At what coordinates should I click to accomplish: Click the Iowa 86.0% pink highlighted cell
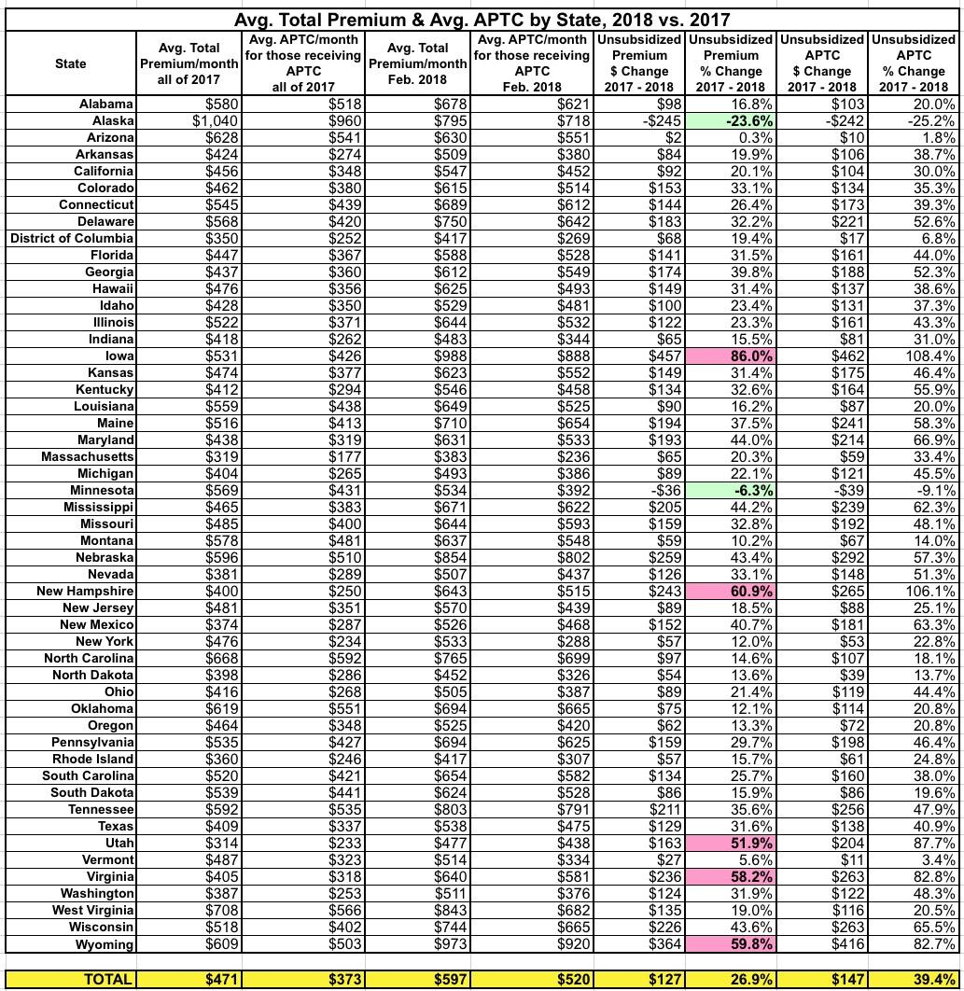point(731,356)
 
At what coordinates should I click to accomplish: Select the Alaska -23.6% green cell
point(731,120)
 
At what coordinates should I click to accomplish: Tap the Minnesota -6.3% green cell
point(731,490)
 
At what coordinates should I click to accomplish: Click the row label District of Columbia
point(72,238)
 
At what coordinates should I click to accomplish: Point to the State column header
point(70,63)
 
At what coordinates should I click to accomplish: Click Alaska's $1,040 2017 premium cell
point(190,120)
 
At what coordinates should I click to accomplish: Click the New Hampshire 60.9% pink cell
point(731,591)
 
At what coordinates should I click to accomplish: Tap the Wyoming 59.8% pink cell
point(731,943)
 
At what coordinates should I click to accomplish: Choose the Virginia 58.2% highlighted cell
point(731,876)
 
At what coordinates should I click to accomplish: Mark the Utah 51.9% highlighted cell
point(731,843)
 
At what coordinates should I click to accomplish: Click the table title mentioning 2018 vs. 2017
point(482,18)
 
